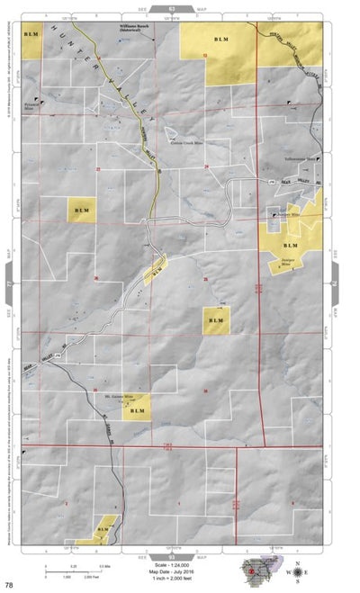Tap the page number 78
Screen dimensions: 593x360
tap(9, 585)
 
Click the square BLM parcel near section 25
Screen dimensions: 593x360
tap(215, 320)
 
